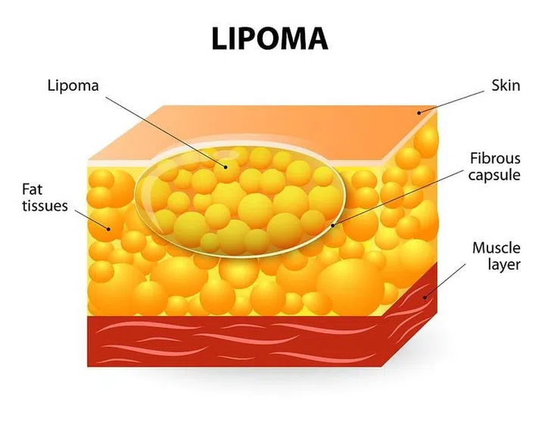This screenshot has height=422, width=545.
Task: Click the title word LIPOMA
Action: (269, 38)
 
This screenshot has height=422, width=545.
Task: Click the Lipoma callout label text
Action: (73, 86)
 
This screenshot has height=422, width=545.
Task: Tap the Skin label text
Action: (506, 86)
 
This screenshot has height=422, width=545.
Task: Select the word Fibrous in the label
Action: (495, 158)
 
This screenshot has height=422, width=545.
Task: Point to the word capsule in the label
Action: (494, 175)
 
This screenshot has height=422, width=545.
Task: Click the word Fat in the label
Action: (33, 189)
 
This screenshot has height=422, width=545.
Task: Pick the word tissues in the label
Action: (45, 205)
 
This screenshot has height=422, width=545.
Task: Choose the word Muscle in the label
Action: (497, 248)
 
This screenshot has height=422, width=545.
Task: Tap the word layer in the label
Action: (504, 264)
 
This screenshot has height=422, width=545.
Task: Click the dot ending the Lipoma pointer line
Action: (226, 167)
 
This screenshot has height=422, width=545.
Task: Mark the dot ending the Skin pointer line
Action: (419, 113)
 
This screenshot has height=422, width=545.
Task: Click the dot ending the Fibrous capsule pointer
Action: (332, 226)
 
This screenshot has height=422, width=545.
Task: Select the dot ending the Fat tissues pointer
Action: (108, 229)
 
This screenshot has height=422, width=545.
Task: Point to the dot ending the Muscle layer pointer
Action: (425, 297)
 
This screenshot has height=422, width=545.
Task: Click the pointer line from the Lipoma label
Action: (166, 132)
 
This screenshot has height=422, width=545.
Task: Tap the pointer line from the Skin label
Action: (451, 102)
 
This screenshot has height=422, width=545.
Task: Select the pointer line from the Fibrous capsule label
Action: (398, 198)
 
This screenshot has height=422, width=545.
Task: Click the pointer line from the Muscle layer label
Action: (445, 280)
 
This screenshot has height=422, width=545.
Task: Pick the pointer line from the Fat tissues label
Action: (92, 220)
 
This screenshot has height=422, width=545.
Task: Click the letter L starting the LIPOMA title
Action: (220, 39)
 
